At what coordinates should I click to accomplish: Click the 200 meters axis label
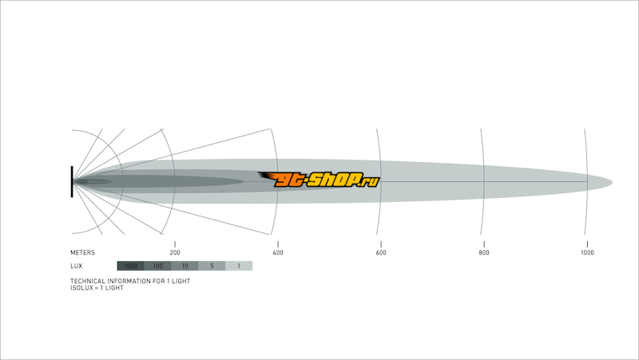point(175,252)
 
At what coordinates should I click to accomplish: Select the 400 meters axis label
point(278,252)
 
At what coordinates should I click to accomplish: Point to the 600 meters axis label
point(381,252)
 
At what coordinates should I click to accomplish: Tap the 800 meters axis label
point(484,252)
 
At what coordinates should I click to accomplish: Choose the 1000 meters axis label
point(587,252)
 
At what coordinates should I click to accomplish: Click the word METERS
point(83,252)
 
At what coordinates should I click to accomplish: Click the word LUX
point(76,266)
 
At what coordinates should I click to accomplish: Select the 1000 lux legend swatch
point(131,266)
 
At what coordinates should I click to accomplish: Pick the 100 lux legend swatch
point(157,266)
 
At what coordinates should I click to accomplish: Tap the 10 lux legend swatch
point(185,266)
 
